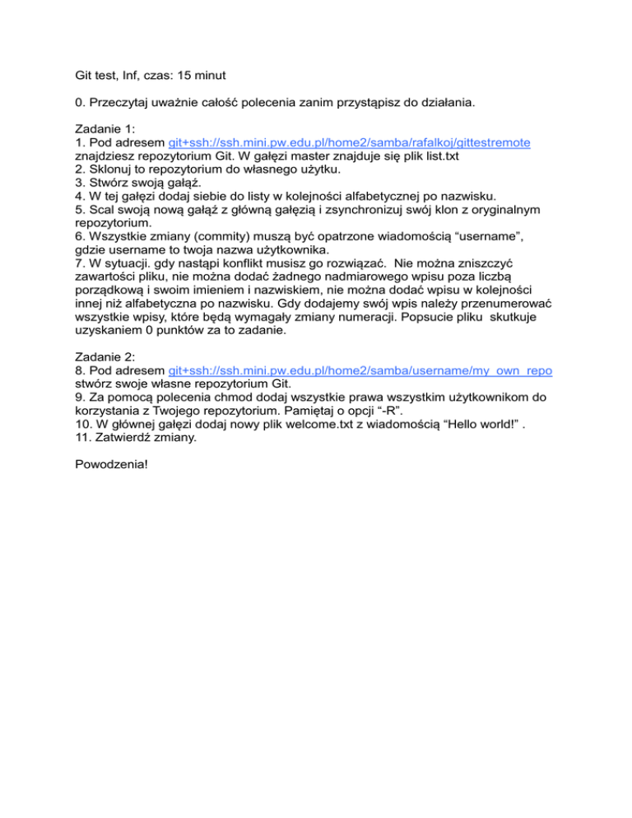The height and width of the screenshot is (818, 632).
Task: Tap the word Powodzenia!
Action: pyautogui.click(x=104, y=462)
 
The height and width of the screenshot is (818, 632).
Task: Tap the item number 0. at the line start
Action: pyautogui.click(x=69, y=104)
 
